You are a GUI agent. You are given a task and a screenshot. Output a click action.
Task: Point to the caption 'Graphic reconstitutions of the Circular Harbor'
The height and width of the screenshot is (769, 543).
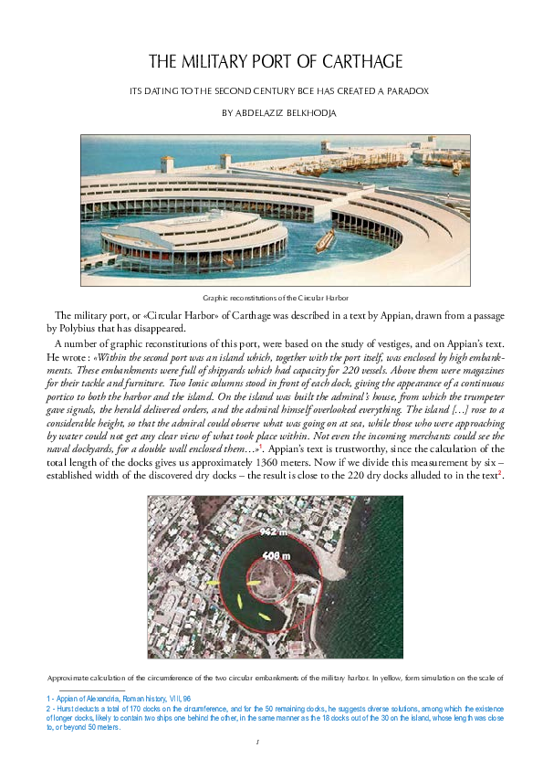coord(275,298)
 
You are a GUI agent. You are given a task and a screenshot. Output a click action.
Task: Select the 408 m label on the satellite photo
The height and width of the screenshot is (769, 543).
coord(276,555)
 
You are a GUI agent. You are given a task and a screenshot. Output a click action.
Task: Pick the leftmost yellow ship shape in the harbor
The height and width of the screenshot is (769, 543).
coord(213,582)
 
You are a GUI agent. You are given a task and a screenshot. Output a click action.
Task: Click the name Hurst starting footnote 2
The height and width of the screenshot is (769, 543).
coord(66,709)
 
